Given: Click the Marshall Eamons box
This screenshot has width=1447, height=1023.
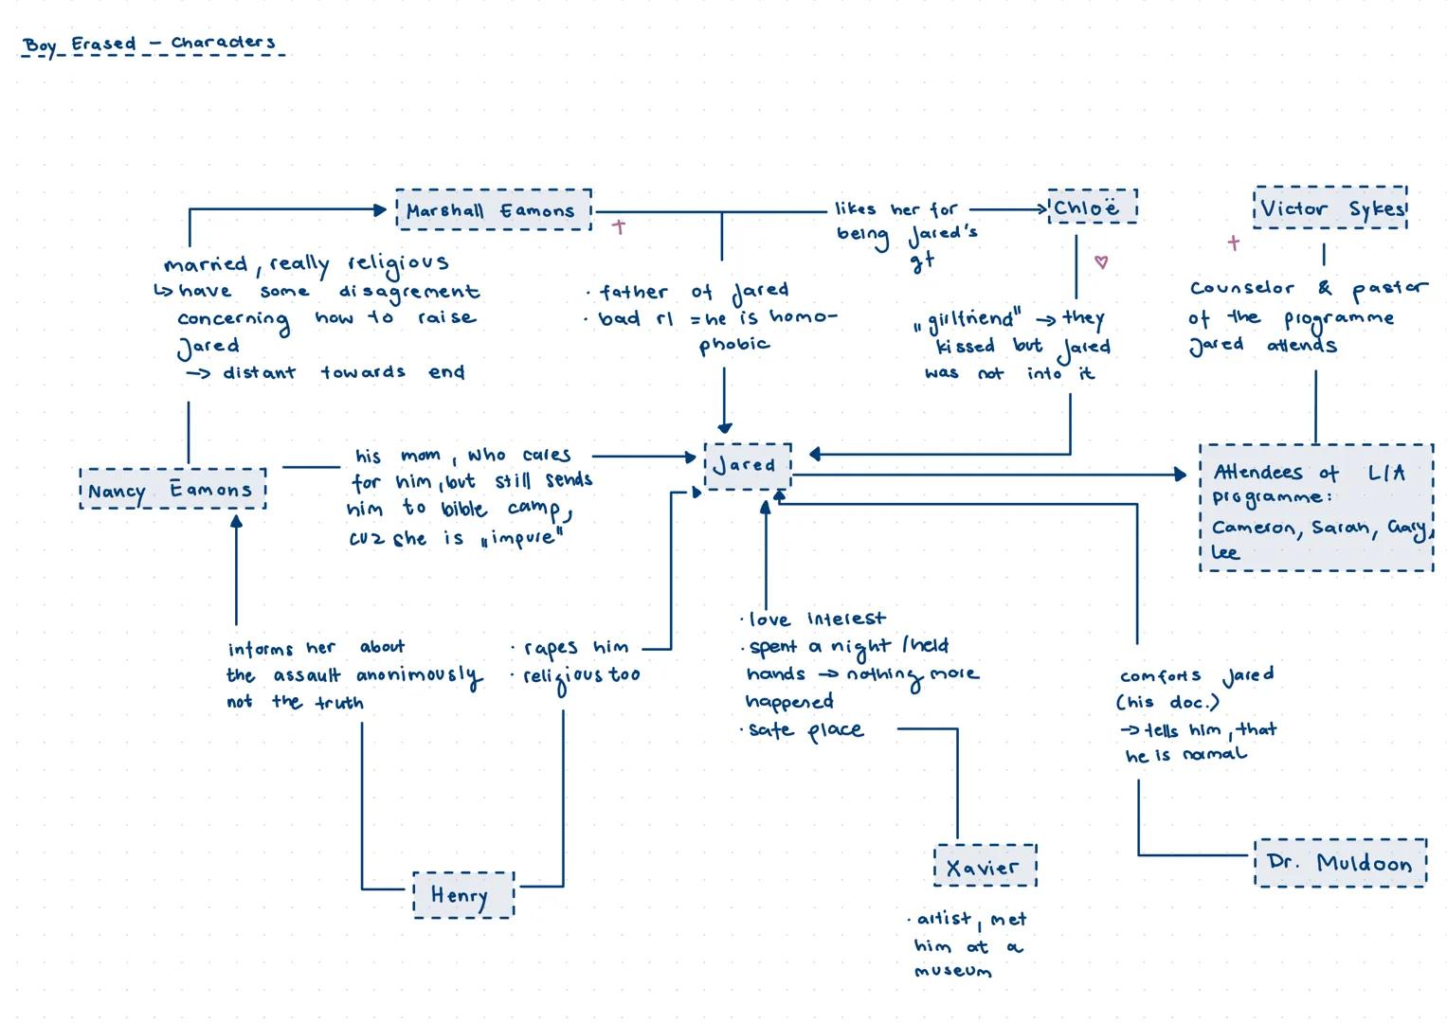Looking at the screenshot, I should coord(493,209).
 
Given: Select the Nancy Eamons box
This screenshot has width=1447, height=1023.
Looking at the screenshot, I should coord(172,489).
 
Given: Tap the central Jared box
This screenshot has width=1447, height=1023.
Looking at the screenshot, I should coord(747,465).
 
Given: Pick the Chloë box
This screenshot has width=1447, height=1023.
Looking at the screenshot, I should coord(1091,206).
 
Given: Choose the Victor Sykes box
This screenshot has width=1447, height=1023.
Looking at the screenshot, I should coord(1329,208).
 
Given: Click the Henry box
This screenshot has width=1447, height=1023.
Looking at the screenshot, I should coord(463,895).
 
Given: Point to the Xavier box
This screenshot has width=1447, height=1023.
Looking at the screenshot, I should coord(985,866).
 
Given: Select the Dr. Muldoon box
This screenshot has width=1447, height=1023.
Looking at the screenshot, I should coord(1339,863).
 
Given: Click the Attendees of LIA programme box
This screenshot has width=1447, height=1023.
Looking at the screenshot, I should coord(1315,508).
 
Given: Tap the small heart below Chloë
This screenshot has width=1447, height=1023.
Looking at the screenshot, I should coord(1100,261).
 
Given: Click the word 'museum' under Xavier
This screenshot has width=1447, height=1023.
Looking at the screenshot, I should coord(952,971).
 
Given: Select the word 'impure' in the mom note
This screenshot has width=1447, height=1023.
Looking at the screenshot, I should coord(521,540).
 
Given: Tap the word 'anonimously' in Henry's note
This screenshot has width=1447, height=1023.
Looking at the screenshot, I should coord(418,676).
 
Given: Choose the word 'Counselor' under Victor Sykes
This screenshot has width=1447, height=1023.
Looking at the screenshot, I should coord(1241,288).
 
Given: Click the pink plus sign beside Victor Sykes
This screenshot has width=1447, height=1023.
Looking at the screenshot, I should coord(1233,242).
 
